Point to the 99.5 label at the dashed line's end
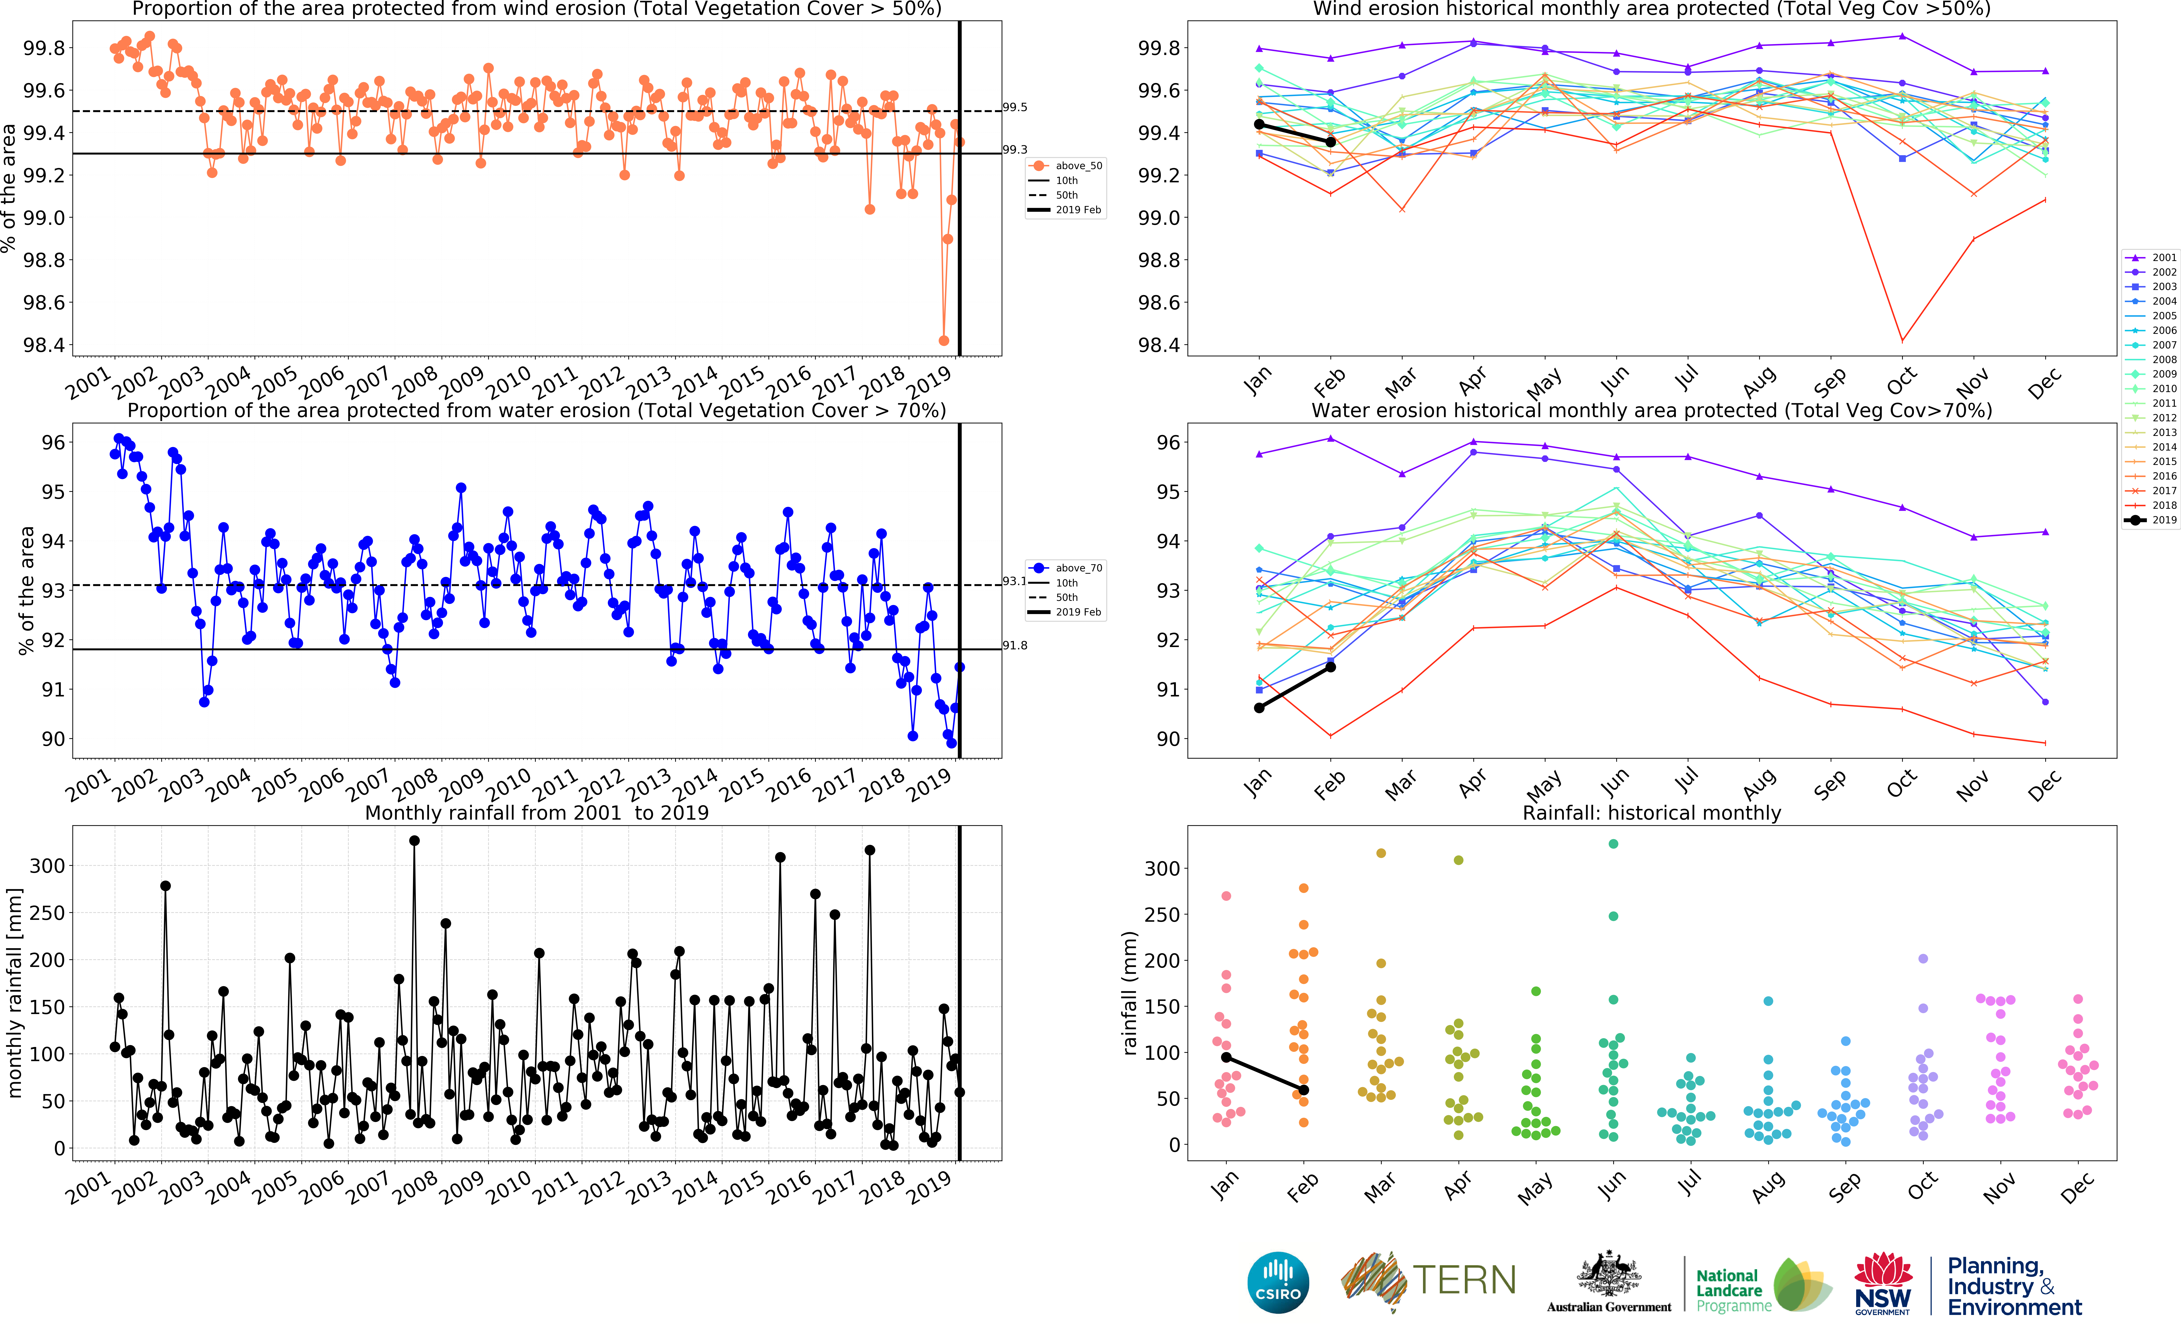click(x=1015, y=107)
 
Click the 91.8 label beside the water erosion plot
click(x=1015, y=645)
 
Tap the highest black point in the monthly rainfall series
click(x=414, y=841)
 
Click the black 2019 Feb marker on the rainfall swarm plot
click(x=1304, y=1090)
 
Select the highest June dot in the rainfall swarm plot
click(x=1613, y=844)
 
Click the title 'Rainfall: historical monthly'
click(x=1651, y=813)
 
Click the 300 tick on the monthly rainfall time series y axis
click(x=47, y=866)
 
